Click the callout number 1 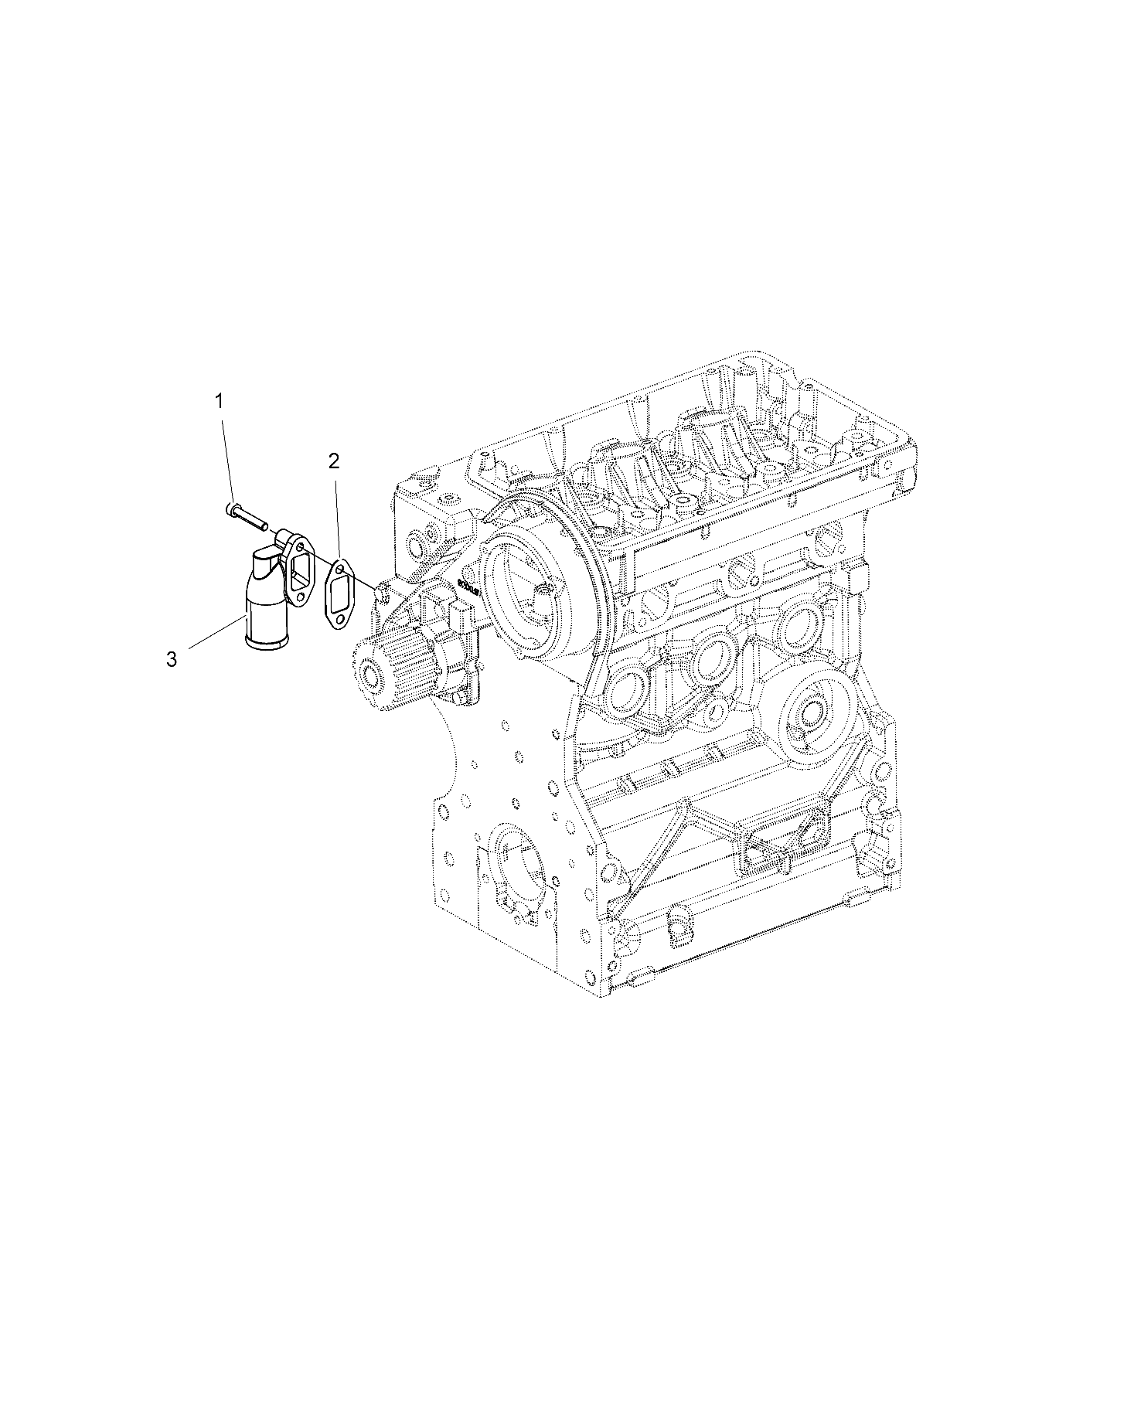pos(220,401)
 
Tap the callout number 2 pos(333,461)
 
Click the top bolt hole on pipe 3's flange pos(300,547)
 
